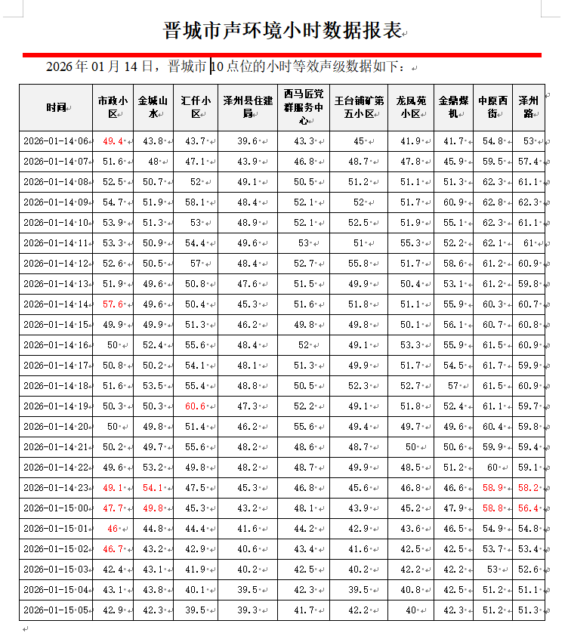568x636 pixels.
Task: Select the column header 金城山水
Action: pyautogui.click(x=153, y=107)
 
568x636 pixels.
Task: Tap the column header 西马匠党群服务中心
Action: pyautogui.click(x=303, y=107)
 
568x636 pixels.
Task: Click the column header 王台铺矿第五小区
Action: pyautogui.click(x=359, y=107)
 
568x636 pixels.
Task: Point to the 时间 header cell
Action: pyautogui.click(x=55, y=107)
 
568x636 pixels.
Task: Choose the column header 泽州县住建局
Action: pyautogui.click(x=247, y=107)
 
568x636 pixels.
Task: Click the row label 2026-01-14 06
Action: pyautogui.click(x=55, y=141)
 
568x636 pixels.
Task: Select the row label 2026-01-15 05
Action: pyautogui.click(x=55, y=610)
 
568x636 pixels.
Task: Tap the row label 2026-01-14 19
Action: pyautogui.click(x=55, y=406)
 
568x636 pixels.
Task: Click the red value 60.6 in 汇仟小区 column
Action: pyautogui.click(x=194, y=406)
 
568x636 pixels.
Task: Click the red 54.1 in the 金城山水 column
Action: pyautogui.click(x=153, y=488)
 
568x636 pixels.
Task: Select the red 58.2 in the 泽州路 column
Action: pyautogui.click(x=528, y=488)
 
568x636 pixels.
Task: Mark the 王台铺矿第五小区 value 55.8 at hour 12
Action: pyautogui.click(x=359, y=264)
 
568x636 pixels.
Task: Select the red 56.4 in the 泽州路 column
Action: pyautogui.click(x=528, y=508)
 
